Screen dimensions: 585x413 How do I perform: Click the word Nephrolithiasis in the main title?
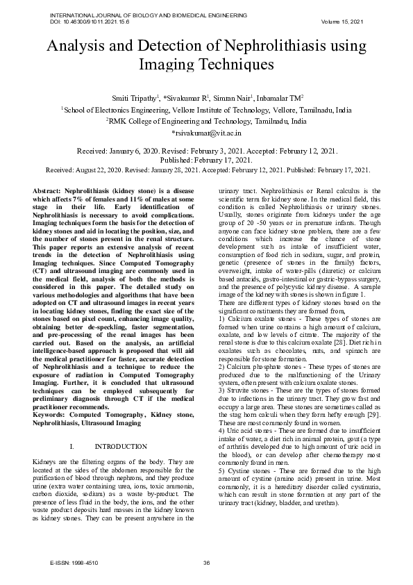(x=257, y=47)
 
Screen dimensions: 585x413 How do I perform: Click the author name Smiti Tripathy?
(x=136, y=98)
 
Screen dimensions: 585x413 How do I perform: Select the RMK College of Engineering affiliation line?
(x=206, y=121)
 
